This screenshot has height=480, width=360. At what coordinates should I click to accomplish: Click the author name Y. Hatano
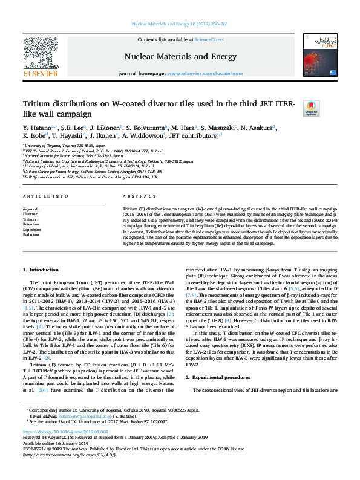pyautogui.click(x=37, y=128)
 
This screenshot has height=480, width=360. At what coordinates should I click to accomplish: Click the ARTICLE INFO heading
pyautogui.click(x=45, y=197)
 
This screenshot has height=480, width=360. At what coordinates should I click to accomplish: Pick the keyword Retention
pyautogui.click(x=31, y=224)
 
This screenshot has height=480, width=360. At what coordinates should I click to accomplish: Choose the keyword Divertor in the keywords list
pyautogui.click(x=30, y=214)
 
